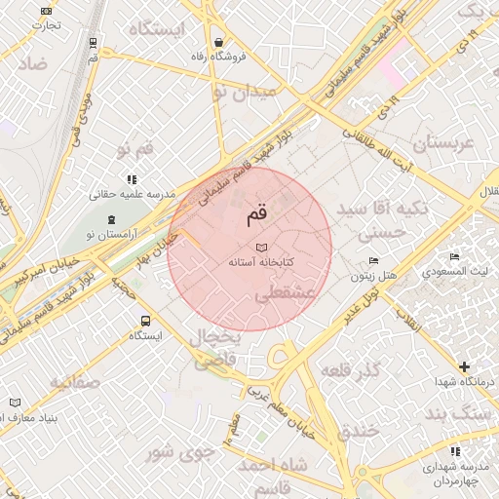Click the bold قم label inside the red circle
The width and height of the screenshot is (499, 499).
[x=256, y=212]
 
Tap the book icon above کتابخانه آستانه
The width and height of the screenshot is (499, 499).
[x=259, y=248]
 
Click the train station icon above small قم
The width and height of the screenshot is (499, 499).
[x=93, y=43]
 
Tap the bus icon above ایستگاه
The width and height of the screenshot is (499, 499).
[x=145, y=320]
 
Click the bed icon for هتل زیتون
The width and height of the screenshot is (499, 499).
[x=374, y=261]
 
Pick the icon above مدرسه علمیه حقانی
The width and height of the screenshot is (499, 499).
[x=132, y=179]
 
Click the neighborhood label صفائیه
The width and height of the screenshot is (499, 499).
[x=74, y=381]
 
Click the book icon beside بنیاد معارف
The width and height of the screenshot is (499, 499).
[x=15, y=403]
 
